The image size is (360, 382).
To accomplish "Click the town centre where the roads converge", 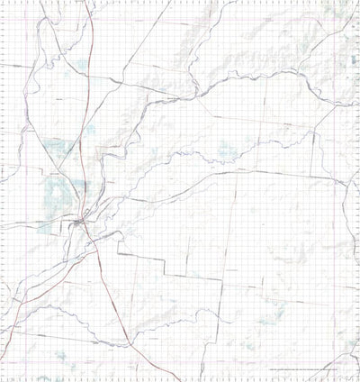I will pos(81,219).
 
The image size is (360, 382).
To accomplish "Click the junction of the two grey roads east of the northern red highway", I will pos(118,83).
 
